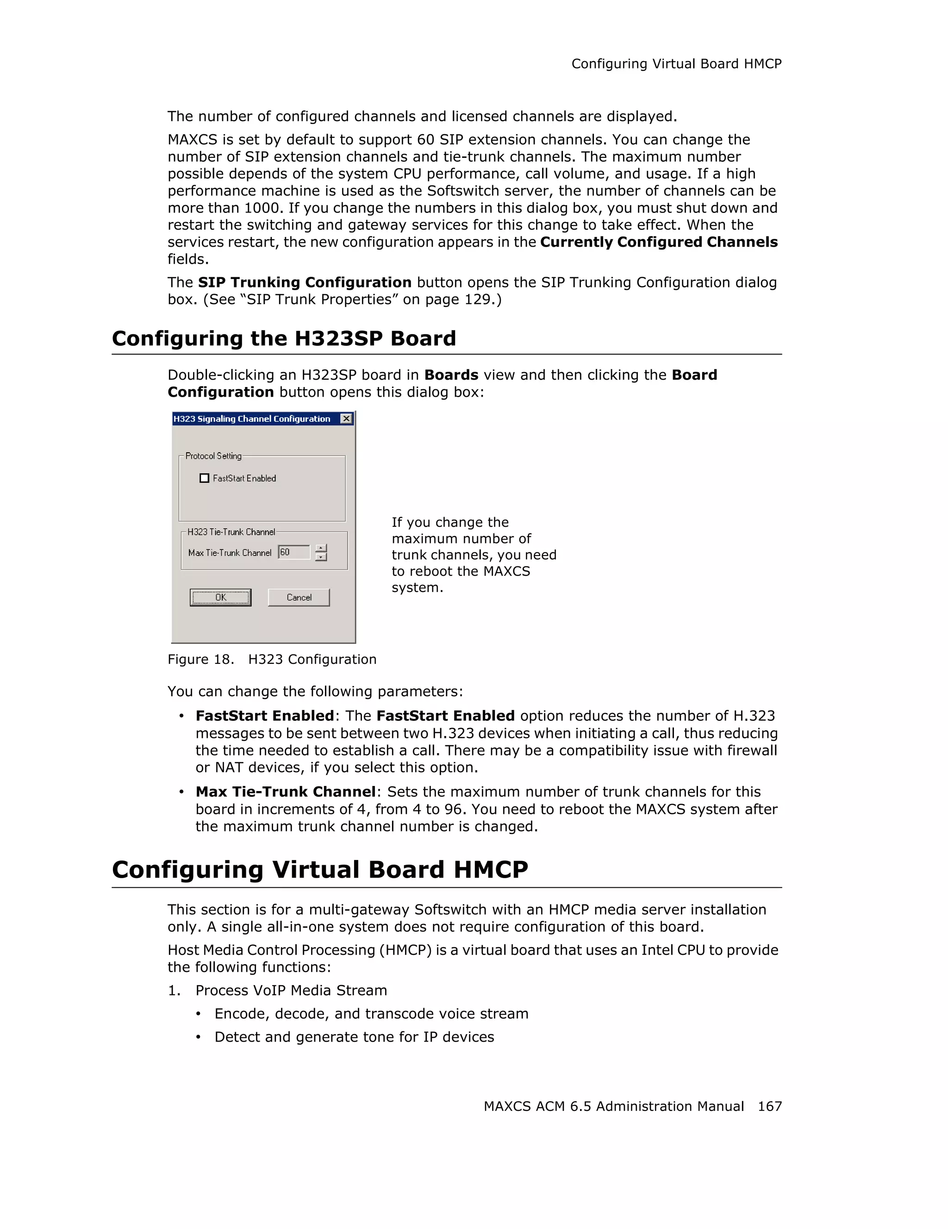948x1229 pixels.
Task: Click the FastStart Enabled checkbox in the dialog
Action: [x=204, y=478]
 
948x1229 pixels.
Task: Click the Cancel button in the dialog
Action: [x=299, y=597]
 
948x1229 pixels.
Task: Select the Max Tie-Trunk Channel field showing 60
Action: [x=293, y=552]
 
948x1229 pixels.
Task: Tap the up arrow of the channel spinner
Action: [x=321, y=548]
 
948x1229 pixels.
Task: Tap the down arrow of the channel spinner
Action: [x=321, y=557]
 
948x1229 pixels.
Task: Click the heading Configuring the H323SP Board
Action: [x=284, y=338]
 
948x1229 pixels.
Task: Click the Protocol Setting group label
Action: [x=213, y=456]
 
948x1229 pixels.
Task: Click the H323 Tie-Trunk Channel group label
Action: [x=231, y=532]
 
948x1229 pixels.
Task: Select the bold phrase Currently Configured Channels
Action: [x=659, y=242]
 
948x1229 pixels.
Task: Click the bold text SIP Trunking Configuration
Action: [x=305, y=282]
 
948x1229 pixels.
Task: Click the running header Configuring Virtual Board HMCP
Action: [x=676, y=64]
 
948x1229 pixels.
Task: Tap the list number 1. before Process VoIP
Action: [x=174, y=991]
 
